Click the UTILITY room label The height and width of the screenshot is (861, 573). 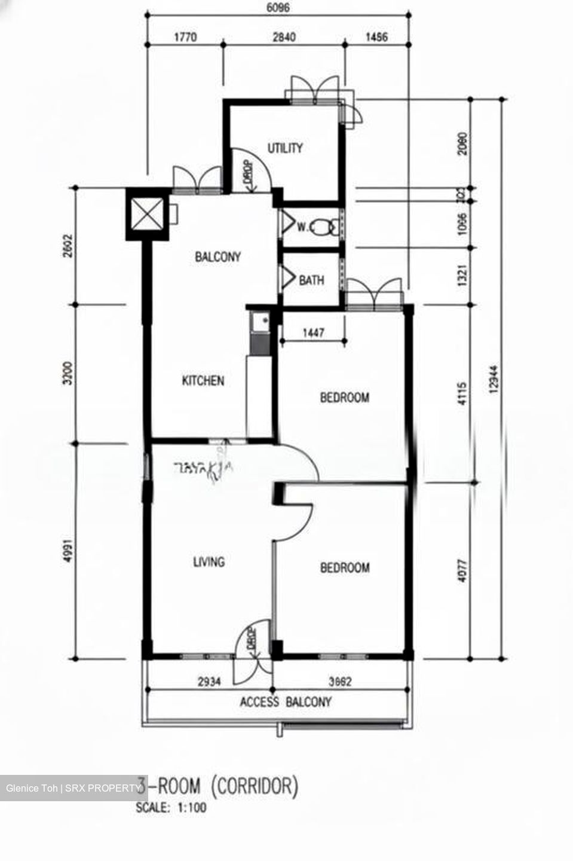[x=285, y=148]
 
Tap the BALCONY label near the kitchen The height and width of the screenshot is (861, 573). [x=218, y=257]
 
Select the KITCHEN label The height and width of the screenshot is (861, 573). [x=203, y=380]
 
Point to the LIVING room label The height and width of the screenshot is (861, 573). [x=209, y=561]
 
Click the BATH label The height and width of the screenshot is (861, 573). [x=311, y=280]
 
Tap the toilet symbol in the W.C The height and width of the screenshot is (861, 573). [x=324, y=227]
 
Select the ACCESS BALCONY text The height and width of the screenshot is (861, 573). [x=286, y=701]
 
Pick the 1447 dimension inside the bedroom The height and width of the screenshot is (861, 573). [x=313, y=332]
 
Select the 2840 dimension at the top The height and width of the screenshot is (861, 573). [x=284, y=37]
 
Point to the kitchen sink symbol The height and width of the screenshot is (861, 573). [x=260, y=323]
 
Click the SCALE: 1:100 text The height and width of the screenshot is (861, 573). [x=171, y=807]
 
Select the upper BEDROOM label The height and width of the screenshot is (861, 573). [x=344, y=397]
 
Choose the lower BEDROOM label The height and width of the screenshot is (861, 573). [x=345, y=567]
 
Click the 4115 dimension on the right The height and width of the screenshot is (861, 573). [x=462, y=394]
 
